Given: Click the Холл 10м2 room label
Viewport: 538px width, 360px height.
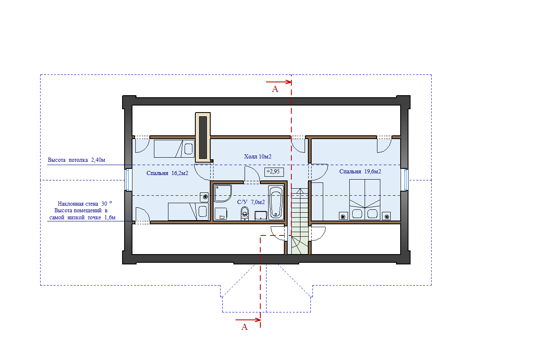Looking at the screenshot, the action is click(x=258, y=156).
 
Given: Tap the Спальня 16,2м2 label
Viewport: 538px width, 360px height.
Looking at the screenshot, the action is click(x=168, y=173).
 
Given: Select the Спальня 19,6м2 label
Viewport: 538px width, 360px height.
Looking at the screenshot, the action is click(x=360, y=171).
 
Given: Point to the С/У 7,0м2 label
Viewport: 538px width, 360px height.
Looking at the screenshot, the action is click(x=251, y=202).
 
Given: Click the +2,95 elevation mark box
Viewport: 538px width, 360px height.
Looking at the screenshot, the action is click(x=274, y=172).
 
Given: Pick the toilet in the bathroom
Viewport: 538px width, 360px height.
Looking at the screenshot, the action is click(x=245, y=213).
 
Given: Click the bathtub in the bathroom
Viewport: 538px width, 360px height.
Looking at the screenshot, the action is click(x=276, y=202).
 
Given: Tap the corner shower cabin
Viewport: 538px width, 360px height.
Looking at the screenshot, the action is click(x=223, y=193).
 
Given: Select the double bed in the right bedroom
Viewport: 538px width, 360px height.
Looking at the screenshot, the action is click(x=365, y=199).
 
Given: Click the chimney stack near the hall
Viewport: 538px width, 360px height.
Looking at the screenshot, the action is click(x=203, y=137).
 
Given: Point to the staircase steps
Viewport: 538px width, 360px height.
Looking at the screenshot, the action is click(x=300, y=221).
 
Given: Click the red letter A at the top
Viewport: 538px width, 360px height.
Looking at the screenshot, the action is click(x=275, y=89).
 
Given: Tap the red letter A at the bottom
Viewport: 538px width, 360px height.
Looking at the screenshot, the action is click(x=244, y=327).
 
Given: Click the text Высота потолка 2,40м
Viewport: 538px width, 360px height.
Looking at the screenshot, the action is click(x=77, y=160).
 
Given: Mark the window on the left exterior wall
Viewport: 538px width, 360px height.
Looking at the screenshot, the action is click(x=128, y=180).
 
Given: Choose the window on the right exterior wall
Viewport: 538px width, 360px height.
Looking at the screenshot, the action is click(x=405, y=180).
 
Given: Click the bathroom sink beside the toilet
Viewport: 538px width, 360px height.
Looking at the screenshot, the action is click(x=261, y=216).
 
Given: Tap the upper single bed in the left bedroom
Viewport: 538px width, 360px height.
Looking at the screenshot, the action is click(x=174, y=149).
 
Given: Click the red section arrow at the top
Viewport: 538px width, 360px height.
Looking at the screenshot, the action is click(x=279, y=82).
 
